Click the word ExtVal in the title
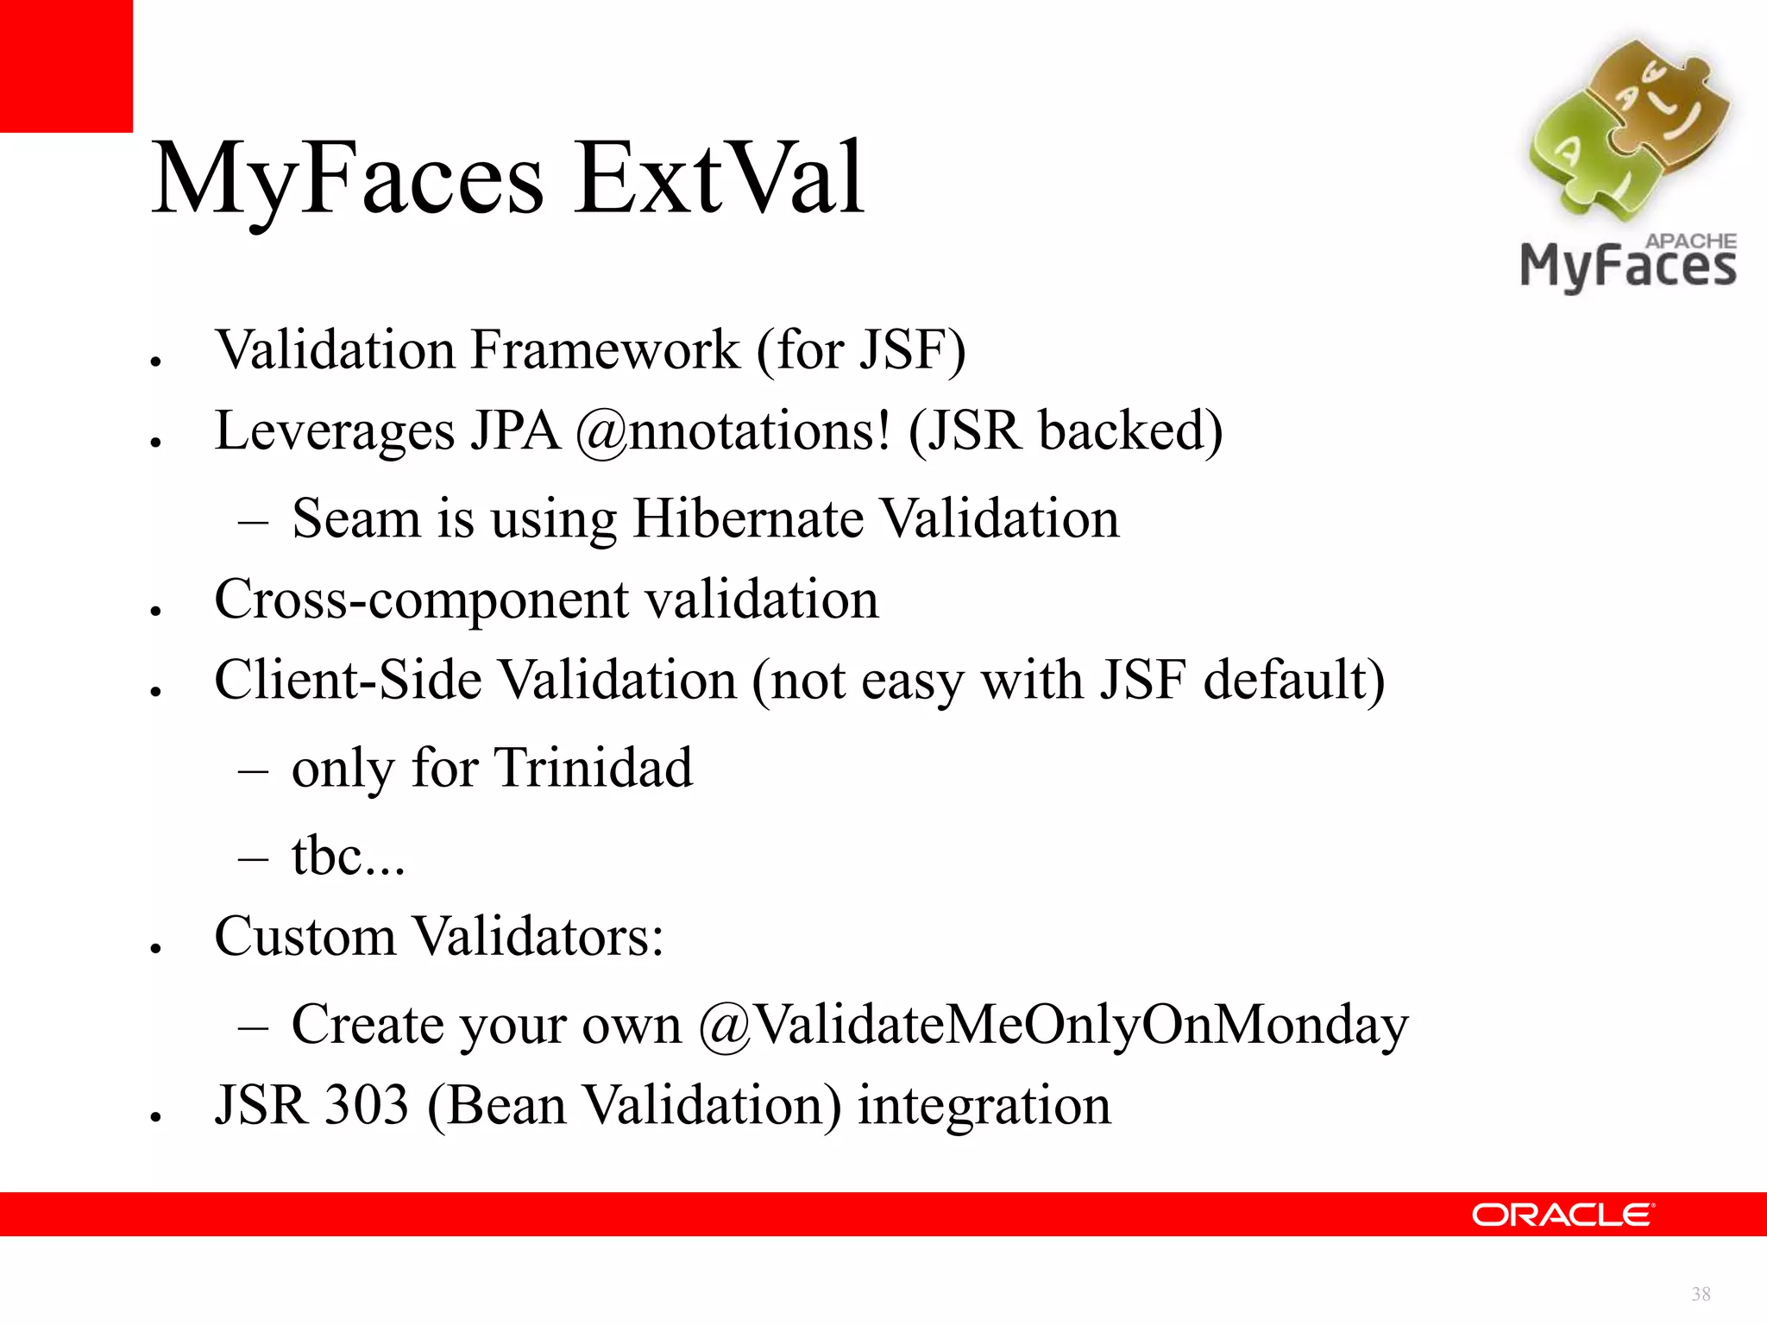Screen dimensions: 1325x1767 [719, 179]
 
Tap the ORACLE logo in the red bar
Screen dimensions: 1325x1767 [1563, 1215]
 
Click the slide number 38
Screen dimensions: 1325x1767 [1701, 1294]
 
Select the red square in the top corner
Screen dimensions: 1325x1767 [66, 66]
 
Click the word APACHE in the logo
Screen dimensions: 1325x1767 [1690, 242]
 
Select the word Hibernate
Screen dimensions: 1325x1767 [748, 519]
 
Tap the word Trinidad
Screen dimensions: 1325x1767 [594, 768]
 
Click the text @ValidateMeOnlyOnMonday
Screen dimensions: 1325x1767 [1053, 1026]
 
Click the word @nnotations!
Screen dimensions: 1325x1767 [733, 431]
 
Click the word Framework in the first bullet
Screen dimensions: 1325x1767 [606, 350]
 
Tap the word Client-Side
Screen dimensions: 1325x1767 [348, 681]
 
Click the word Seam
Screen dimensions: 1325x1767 [356, 519]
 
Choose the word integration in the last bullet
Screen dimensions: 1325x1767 [984, 1105]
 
